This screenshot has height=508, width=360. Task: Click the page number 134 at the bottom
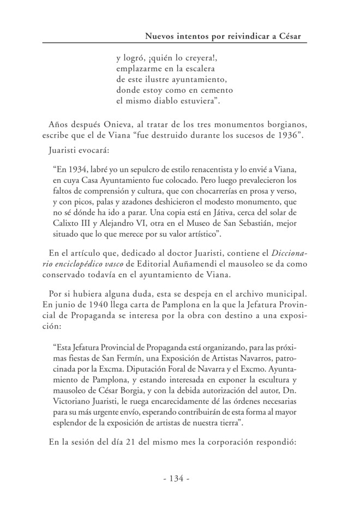coord(176,479)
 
